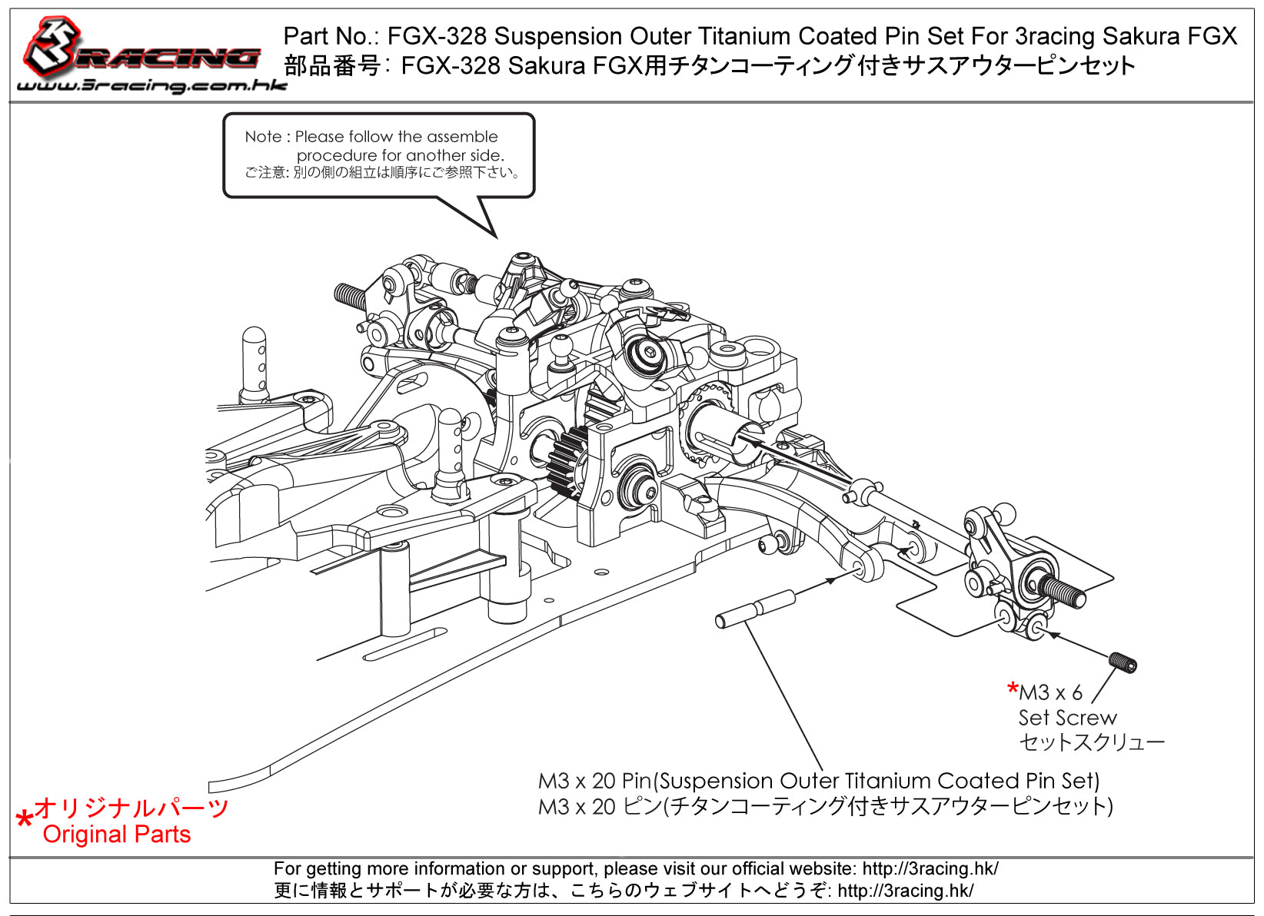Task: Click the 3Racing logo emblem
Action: (54, 45)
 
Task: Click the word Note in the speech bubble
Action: (263, 137)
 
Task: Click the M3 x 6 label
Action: (1050, 692)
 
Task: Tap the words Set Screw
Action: (1067, 718)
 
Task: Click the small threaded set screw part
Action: (1123, 662)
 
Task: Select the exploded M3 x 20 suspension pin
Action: (754, 609)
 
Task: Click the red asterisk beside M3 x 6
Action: (1013, 689)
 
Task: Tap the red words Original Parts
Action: (116, 835)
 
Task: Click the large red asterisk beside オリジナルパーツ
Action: (25, 819)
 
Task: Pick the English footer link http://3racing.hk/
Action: (930, 869)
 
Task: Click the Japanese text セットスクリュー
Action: (1091, 742)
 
